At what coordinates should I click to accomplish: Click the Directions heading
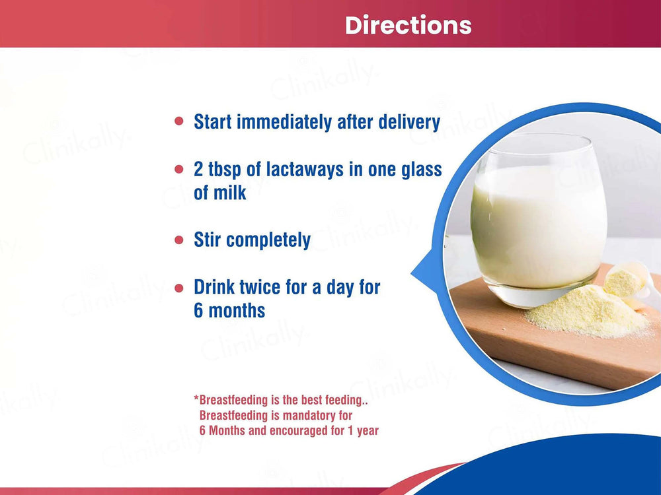(408, 25)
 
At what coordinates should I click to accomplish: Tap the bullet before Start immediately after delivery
(178, 122)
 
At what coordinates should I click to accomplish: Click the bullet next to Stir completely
(178, 240)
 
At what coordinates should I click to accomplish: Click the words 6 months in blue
(229, 310)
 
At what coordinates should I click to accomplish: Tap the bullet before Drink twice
(178, 288)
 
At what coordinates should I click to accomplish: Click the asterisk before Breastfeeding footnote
(196, 399)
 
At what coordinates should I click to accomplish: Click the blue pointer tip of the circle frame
(416, 271)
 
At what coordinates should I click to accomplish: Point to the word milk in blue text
(229, 193)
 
